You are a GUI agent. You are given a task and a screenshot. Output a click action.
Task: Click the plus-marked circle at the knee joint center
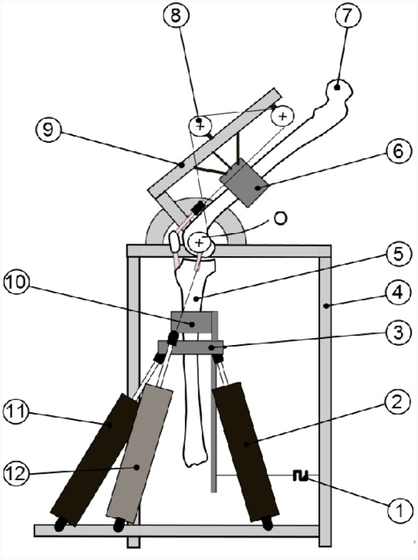(x=199, y=242)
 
